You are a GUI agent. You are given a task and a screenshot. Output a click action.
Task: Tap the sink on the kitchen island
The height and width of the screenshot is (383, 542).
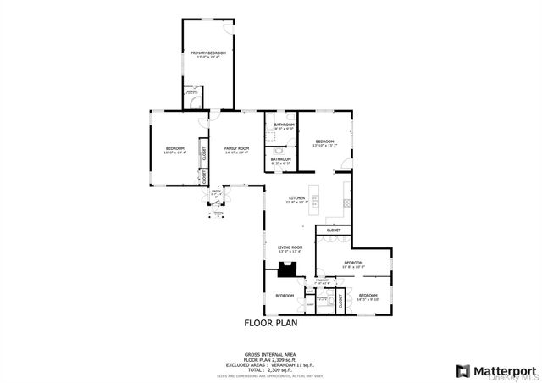pos(315,202)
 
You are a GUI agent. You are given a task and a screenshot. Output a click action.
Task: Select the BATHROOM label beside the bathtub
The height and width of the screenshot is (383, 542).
pos(284,126)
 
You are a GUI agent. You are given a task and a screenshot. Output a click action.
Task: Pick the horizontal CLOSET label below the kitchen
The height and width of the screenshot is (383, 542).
pos(334,230)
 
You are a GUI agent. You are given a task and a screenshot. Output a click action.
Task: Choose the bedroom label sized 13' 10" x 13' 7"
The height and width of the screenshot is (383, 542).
pos(325,143)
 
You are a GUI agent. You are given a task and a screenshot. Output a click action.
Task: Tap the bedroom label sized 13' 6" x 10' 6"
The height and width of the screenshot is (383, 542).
pos(352,264)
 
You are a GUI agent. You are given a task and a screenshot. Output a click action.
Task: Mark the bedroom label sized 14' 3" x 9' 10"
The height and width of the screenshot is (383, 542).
pos(367,297)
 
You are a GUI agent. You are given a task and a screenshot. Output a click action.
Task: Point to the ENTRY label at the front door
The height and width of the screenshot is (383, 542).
pos(216,193)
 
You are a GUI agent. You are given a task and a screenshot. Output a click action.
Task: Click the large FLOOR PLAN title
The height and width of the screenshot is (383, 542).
pos(271,323)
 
